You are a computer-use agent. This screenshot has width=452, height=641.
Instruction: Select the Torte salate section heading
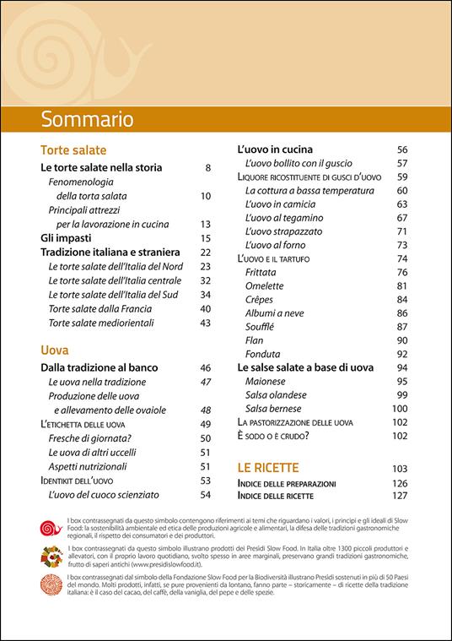click(x=73, y=149)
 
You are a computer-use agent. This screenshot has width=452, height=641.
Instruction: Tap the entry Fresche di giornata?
click(x=93, y=437)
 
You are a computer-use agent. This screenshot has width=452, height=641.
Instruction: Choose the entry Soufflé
click(x=259, y=326)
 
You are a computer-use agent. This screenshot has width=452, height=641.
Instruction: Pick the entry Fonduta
click(x=262, y=354)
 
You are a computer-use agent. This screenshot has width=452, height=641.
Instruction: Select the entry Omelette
click(x=264, y=285)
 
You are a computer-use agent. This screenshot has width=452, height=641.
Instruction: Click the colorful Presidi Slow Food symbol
click(x=45, y=555)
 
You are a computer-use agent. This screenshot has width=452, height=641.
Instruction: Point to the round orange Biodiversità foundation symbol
click(x=45, y=582)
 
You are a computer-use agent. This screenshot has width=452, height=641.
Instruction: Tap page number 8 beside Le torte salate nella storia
click(x=207, y=168)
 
